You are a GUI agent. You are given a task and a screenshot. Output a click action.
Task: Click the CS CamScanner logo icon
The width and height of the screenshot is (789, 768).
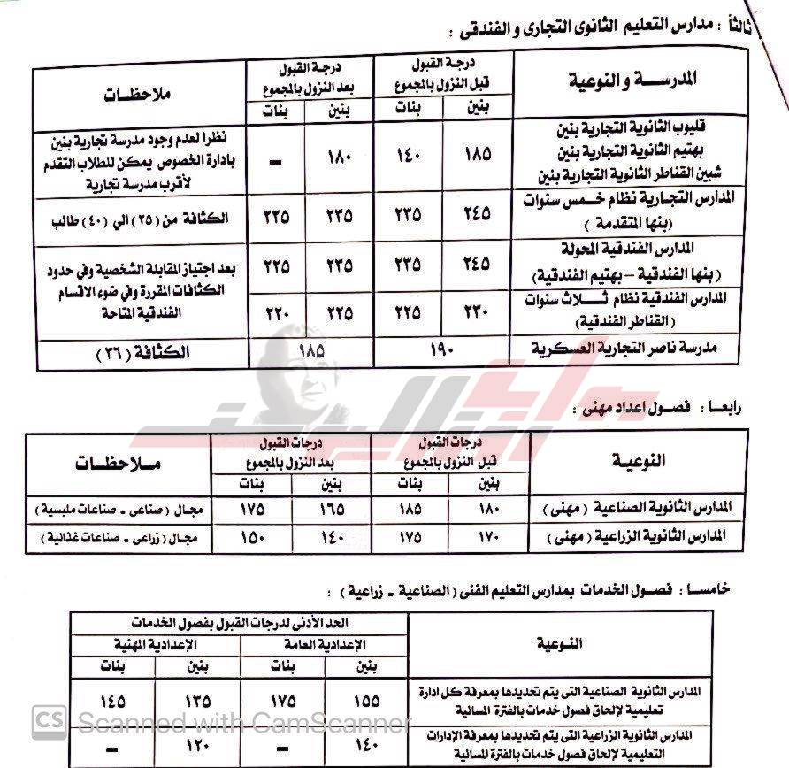click(48, 722)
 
